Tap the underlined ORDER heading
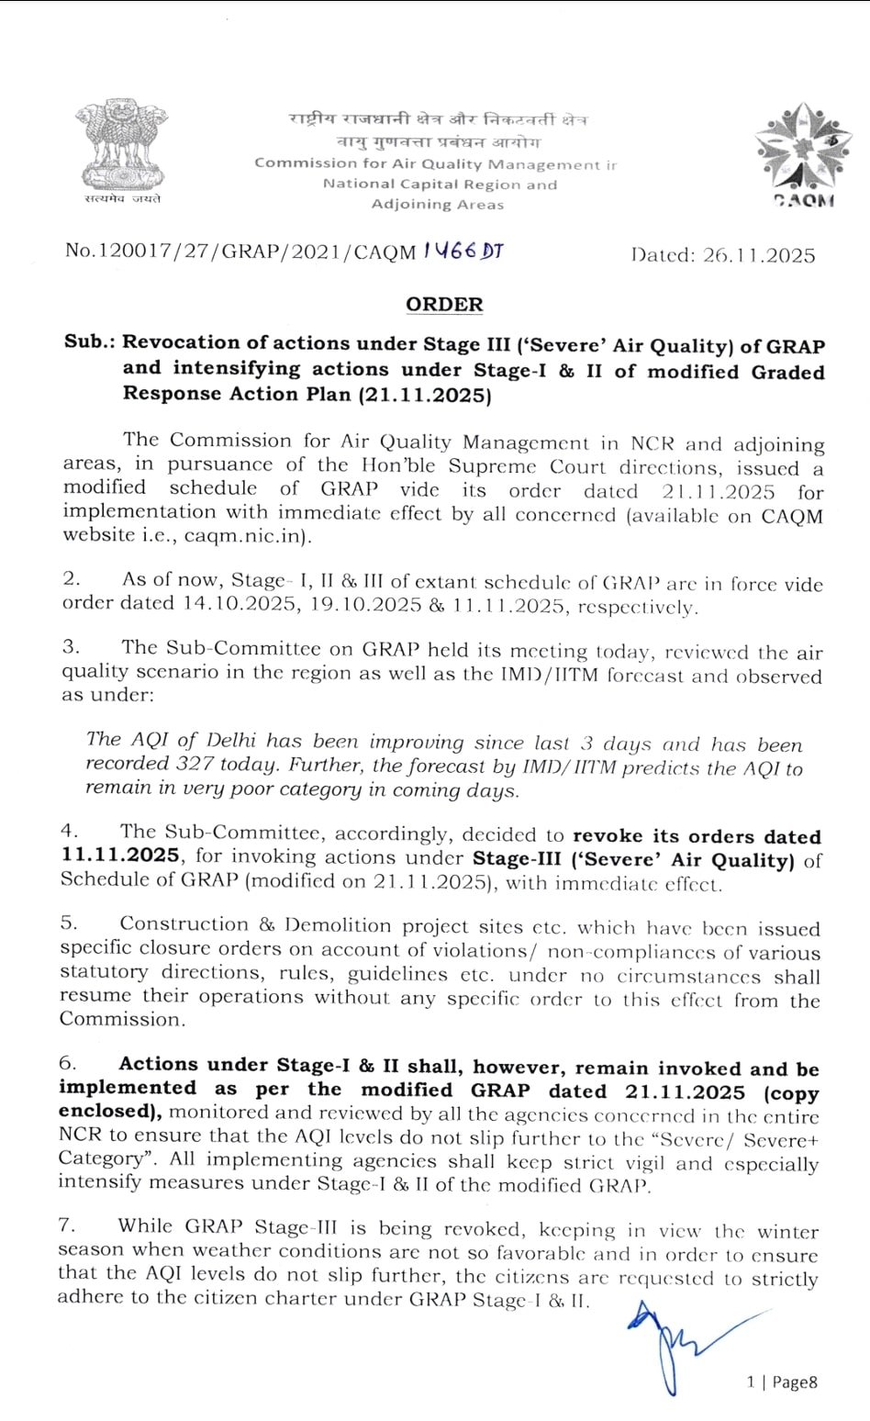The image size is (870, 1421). point(444,304)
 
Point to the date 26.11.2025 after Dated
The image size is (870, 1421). point(759,255)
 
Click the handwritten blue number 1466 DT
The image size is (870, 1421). point(463,251)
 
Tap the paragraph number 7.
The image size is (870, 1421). point(66,1225)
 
